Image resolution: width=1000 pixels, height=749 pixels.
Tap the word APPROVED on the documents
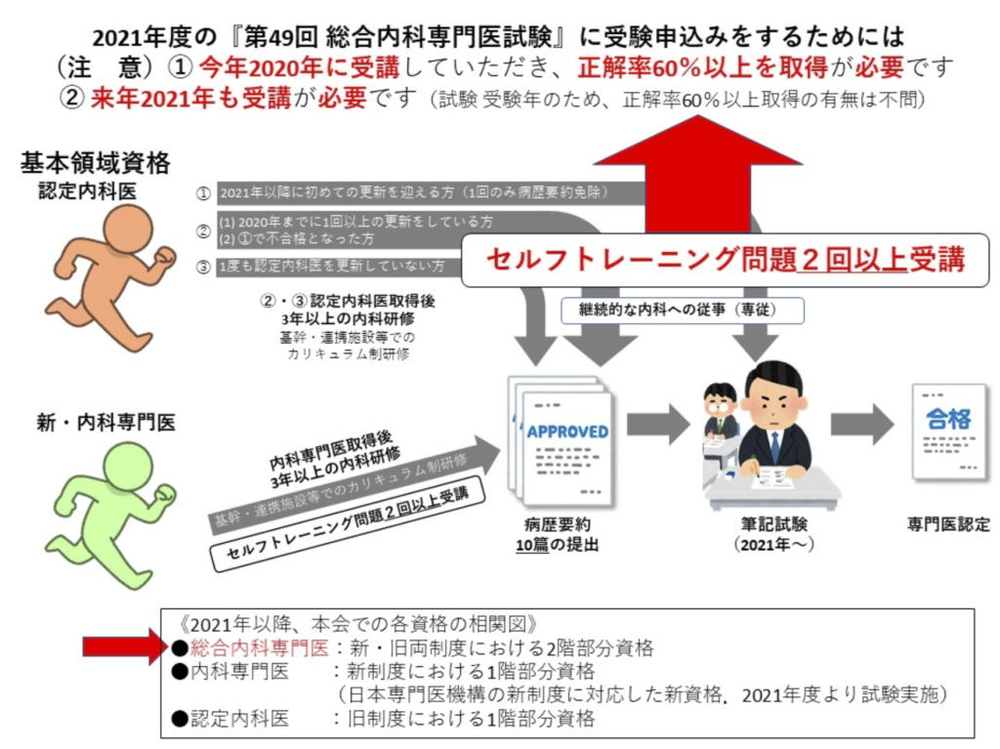point(567,431)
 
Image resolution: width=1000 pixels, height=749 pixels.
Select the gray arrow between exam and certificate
point(861,425)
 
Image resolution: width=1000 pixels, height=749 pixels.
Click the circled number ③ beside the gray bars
point(203,266)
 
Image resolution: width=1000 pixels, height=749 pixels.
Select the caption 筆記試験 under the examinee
point(771,524)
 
